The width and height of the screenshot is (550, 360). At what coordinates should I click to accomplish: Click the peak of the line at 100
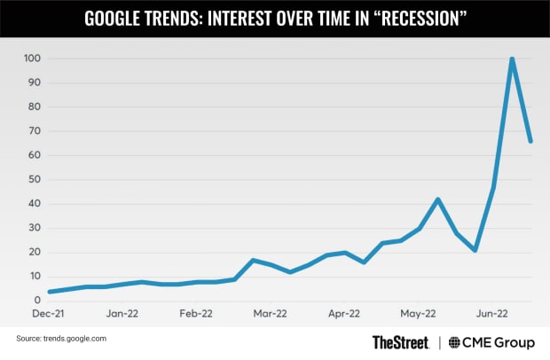pyautogui.click(x=512, y=59)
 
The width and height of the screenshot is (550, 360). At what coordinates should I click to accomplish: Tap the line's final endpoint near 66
pyautogui.click(x=530, y=141)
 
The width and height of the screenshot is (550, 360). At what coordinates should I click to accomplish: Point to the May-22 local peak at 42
pyautogui.click(x=437, y=199)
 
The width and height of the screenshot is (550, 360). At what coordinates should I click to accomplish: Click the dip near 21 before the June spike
pyautogui.click(x=475, y=250)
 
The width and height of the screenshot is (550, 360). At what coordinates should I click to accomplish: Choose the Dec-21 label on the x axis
pyautogui.click(x=48, y=313)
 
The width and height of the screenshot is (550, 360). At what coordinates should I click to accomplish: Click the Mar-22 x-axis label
pyautogui.click(x=270, y=313)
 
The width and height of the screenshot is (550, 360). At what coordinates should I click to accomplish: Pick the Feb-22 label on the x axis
pyautogui.click(x=195, y=313)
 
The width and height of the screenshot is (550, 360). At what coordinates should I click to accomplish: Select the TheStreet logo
pyautogui.click(x=401, y=341)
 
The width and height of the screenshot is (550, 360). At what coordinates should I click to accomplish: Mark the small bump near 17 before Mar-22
pyautogui.click(x=253, y=260)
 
